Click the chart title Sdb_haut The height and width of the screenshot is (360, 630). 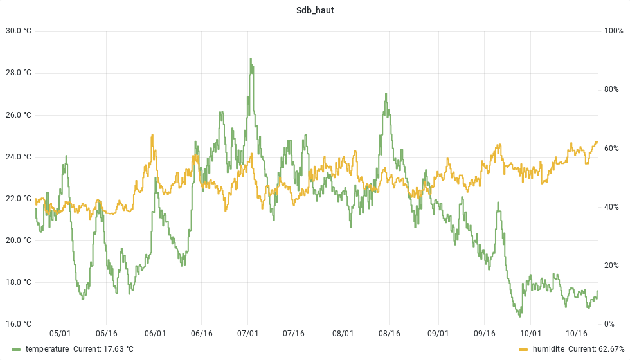point(314,10)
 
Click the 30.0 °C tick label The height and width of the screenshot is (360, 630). point(18,31)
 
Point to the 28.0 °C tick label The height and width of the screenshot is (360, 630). point(18,73)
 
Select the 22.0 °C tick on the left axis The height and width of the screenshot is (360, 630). point(18,199)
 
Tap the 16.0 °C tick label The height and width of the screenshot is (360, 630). point(18,324)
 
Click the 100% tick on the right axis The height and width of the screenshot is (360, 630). point(613,31)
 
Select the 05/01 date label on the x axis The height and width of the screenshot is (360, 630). point(60,334)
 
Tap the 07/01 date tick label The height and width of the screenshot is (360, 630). point(248,334)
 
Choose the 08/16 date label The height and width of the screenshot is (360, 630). point(390,334)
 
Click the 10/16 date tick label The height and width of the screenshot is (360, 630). point(577,334)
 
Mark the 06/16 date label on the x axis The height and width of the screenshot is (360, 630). point(201,334)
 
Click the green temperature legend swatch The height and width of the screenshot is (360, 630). point(16,349)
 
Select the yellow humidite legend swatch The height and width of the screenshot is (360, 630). point(523,349)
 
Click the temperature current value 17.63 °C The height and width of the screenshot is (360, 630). point(118,349)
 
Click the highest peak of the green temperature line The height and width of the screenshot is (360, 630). point(251,59)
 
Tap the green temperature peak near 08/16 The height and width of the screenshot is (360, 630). point(386,94)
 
